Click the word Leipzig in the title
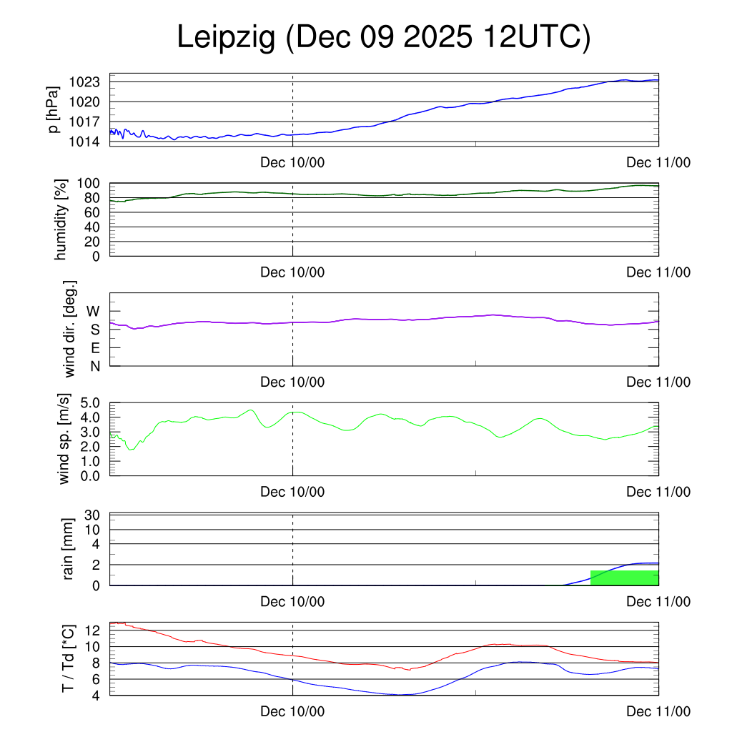(226, 38)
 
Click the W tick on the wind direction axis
(94, 311)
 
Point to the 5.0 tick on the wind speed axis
(90, 402)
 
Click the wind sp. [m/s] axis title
(65, 439)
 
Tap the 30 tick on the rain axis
(93, 515)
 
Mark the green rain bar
(624, 578)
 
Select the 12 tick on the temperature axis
(93, 630)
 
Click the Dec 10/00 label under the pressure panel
(292, 162)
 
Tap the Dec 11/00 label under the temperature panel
(658, 711)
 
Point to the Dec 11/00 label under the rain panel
(658, 602)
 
